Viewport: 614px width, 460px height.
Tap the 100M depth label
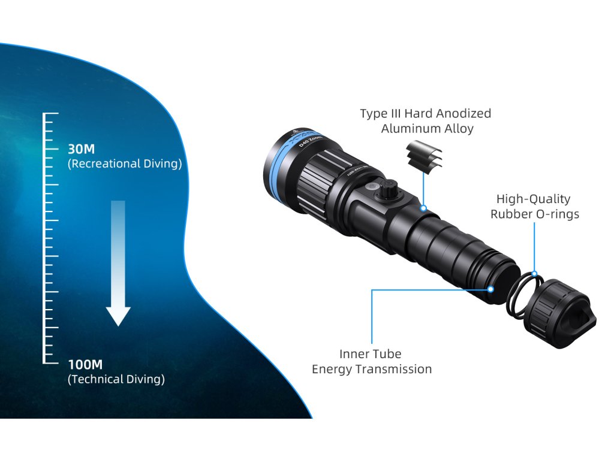[x=85, y=364]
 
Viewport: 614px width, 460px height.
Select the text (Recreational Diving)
[x=125, y=164]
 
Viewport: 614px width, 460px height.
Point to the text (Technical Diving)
[x=116, y=379]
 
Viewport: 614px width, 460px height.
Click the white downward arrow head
[x=118, y=316]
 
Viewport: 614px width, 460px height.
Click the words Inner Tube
[x=371, y=354]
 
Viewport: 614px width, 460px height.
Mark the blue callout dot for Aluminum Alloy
[x=424, y=209]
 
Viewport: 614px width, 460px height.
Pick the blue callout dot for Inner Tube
[x=490, y=289]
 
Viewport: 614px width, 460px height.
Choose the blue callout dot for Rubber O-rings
[x=534, y=274]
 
